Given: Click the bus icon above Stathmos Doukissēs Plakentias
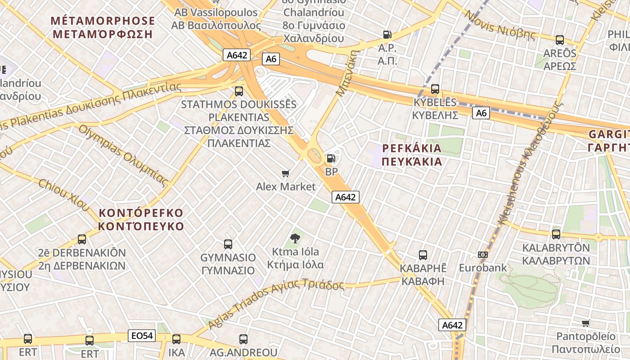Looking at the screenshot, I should coord(239,91).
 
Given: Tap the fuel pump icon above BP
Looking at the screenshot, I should coord(331,158).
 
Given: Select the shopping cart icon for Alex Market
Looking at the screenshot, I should coord(285,173).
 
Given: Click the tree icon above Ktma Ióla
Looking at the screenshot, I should coord(295,238).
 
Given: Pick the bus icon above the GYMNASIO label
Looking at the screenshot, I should coord(228,244).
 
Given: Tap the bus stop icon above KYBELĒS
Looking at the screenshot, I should coord(435,89).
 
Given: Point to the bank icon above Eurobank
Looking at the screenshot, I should coord(483,255).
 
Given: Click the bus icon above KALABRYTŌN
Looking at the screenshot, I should coord(556,234).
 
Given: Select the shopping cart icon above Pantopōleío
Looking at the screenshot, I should coord(585,323).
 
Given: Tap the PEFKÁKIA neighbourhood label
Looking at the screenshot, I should coord(412,155).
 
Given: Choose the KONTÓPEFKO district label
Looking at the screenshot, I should coord(141,219).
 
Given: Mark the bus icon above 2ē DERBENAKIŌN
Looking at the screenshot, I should coord(81,239).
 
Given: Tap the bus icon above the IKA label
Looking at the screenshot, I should coord(176,339).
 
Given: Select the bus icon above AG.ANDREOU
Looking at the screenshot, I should coord(243,339).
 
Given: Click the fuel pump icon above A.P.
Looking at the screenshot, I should coord(387,35).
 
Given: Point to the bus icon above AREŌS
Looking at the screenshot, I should coord(560,40).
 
